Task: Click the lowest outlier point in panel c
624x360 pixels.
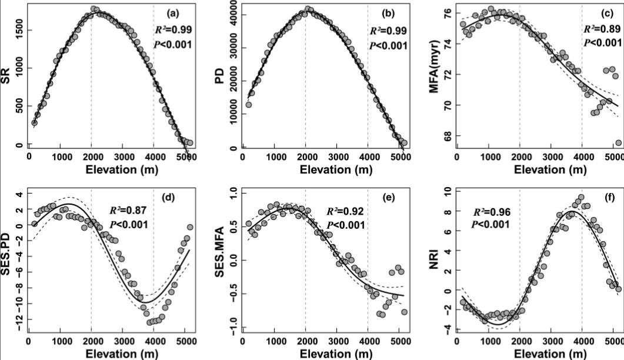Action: coord(618,143)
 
